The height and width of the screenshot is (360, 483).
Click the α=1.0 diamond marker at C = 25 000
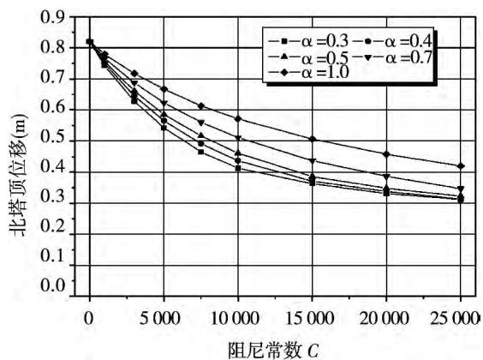(461, 166)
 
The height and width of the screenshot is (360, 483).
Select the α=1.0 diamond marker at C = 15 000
(313, 139)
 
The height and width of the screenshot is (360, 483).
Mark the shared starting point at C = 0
(90, 42)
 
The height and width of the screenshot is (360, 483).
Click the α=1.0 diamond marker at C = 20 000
(387, 154)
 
